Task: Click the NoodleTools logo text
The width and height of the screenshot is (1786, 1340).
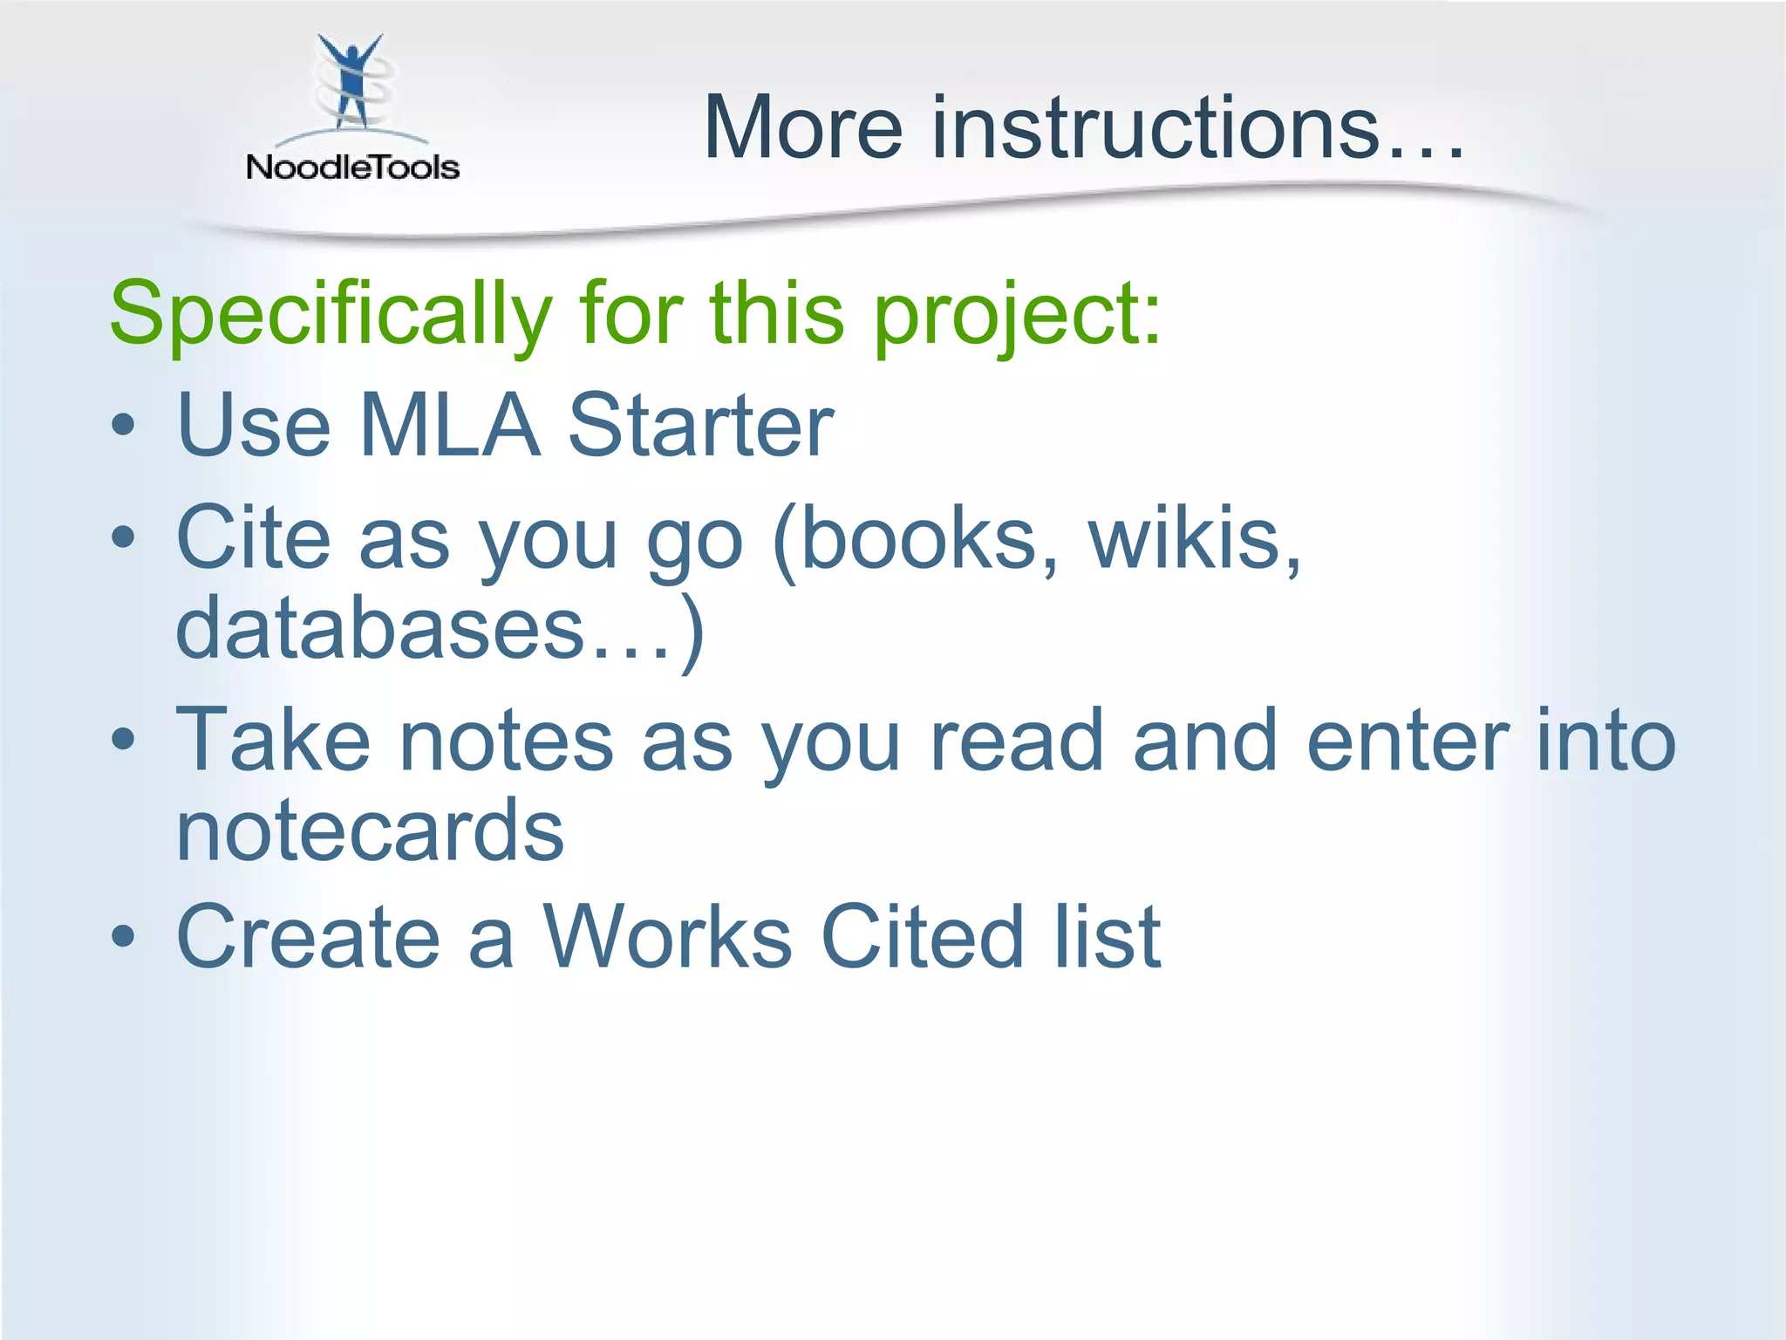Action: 352,167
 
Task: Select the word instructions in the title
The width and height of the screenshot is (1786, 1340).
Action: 1155,128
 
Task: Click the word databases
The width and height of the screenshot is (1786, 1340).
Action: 379,628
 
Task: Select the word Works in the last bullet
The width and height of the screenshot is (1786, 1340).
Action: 667,938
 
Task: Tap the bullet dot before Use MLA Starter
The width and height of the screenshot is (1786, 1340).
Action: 124,427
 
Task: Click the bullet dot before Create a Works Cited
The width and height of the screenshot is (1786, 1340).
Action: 124,938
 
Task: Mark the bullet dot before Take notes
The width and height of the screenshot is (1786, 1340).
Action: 124,741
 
